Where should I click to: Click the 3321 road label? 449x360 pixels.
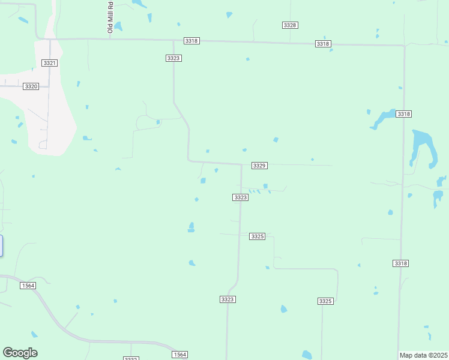pyautogui.click(x=49, y=63)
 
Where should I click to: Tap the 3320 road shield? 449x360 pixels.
pyautogui.click(x=31, y=86)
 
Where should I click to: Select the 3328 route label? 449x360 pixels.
pyautogui.click(x=290, y=25)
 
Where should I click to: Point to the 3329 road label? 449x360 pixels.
pyautogui.click(x=259, y=165)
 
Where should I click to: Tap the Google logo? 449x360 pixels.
pyautogui.click(x=20, y=353)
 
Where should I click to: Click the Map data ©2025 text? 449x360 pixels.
pyautogui.click(x=423, y=355)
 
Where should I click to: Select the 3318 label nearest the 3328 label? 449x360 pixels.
pyautogui.click(x=323, y=44)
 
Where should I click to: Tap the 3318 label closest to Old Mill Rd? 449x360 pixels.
pyautogui.click(x=191, y=41)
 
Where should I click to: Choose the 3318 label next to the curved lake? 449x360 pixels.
pyautogui.click(x=403, y=114)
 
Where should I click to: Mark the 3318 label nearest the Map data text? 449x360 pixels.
pyautogui.click(x=401, y=263)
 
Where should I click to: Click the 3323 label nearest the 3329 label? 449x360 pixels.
pyautogui.click(x=240, y=197)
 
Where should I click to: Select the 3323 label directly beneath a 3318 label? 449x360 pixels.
pyautogui.click(x=173, y=58)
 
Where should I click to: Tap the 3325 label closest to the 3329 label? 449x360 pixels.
pyautogui.click(x=257, y=236)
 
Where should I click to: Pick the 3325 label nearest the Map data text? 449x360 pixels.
pyautogui.click(x=325, y=301)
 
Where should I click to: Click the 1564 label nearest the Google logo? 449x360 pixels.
pyautogui.click(x=28, y=286)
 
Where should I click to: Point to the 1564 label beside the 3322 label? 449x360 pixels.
pyautogui.click(x=180, y=355)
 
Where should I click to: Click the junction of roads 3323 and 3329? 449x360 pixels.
pyautogui.click(x=241, y=164)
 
